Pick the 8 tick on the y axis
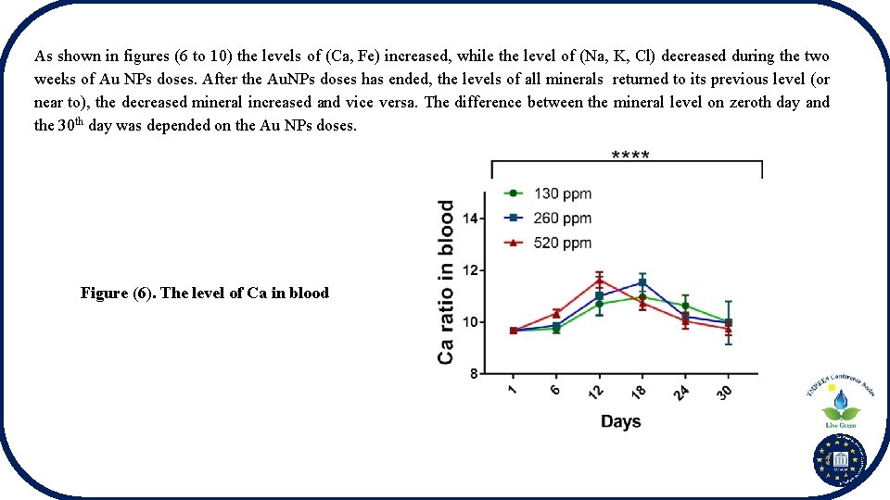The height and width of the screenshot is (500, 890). point(474,374)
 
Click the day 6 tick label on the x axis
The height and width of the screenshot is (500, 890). point(554,392)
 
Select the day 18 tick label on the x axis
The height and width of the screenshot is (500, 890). point(640,393)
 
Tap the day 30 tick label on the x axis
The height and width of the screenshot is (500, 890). point(724,393)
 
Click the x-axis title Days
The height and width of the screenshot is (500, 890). point(620,422)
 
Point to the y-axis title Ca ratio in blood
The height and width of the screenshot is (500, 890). point(446,282)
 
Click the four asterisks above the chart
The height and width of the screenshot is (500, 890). point(630,156)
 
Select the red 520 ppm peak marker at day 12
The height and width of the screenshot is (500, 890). point(600,281)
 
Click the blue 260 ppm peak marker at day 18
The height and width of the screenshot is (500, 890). point(642,283)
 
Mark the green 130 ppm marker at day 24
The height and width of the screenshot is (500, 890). point(685,306)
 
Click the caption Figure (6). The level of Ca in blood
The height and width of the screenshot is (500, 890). point(204,294)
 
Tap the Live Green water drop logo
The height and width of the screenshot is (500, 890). point(841,405)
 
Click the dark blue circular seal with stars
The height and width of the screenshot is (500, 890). point(839,460)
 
